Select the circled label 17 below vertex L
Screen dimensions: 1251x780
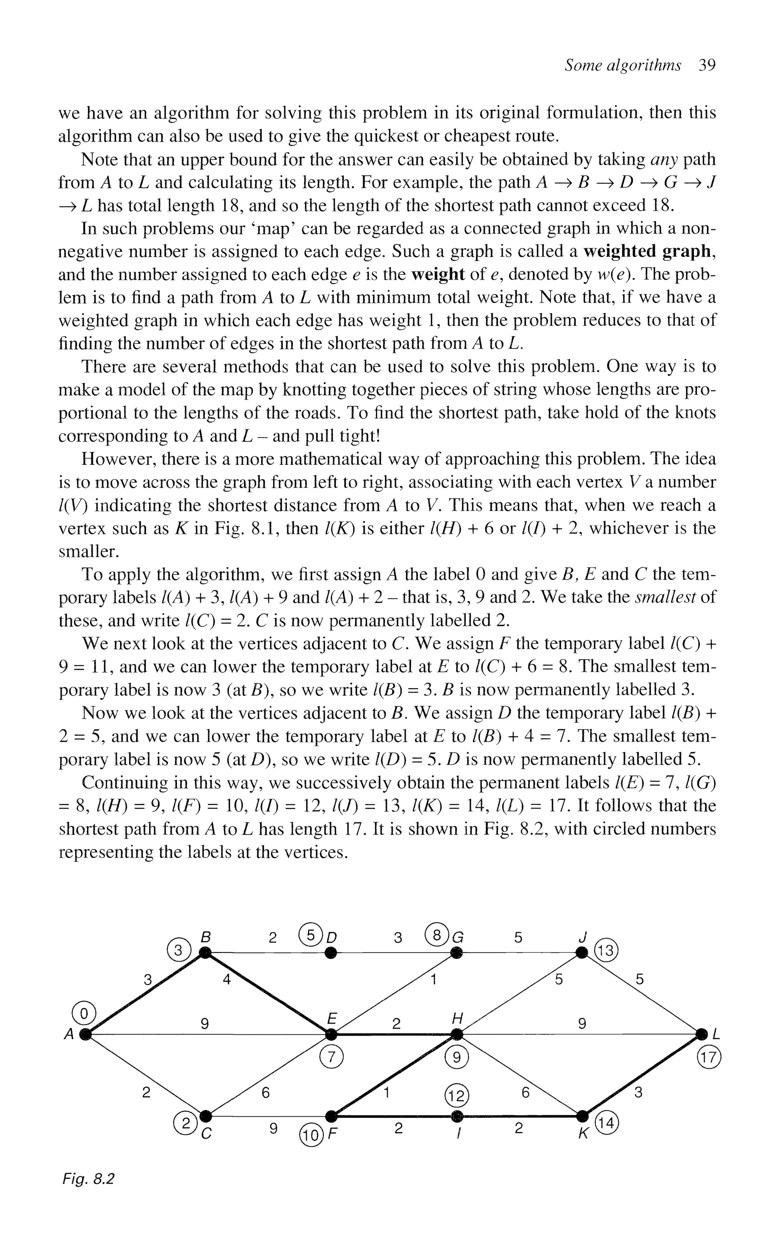(708, 1058)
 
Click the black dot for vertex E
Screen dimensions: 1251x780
(331, 1034)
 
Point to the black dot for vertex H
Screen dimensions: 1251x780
(457, 1034)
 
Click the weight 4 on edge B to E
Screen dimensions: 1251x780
(226, 980)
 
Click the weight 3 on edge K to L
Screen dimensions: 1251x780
(638, 1093)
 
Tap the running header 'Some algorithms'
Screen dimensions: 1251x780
(622, 66)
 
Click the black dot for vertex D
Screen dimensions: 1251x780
(331, 951)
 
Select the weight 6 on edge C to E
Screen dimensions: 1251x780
(265, 1093)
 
